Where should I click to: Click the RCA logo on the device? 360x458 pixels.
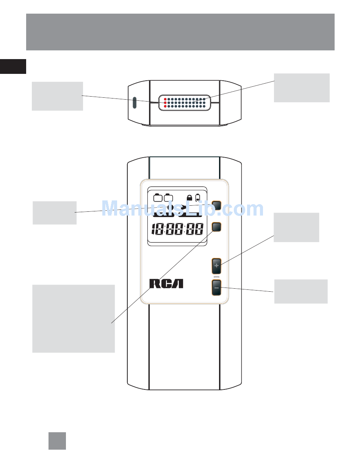pyautogui.click(x=166, y=283)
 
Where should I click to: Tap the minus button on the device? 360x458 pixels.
pyautogui.click(x=216, y=288)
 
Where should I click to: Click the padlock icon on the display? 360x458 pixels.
pyautogui.click(x=189, y=197)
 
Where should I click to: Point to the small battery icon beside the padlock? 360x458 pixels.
pyautogui.click(x=197, y=198)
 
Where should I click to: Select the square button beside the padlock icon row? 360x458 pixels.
pyautogui.click(x=217, y=205)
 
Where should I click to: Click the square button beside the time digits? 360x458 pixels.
pyautogui.click(x=217, y=227)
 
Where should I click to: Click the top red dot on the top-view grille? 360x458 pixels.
pyautogui.click(x=165, y=99)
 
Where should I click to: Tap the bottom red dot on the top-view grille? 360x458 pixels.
pyautogui.click(x=165, y=106)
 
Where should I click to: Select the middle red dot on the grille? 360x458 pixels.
pyautogui.click(x=165, y=103)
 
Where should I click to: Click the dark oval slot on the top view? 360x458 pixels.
pyautogui.click(x=135, y=103)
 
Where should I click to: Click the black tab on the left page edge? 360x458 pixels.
pyautogui.click(x=13, y=66)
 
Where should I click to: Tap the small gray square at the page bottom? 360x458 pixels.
pyautogui.click(x=57, y=441)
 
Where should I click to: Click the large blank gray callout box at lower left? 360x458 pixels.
pyautogui.click(x=74, y=319)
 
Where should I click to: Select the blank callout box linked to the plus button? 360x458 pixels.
pyautogui.click(x=296, y=227)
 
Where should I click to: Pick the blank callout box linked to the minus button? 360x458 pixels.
pyautogui.click(x=301, y=291)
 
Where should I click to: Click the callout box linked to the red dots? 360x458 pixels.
pyautogui.click(x=57, y=96)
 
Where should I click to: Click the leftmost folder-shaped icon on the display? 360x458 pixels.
pyautogui.click(x=158, y=197)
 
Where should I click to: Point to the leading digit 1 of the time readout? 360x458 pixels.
pyautogui.click(x=154, y=229)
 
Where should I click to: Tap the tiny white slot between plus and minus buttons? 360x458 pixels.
pyautogui.click(x=216, y=277)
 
